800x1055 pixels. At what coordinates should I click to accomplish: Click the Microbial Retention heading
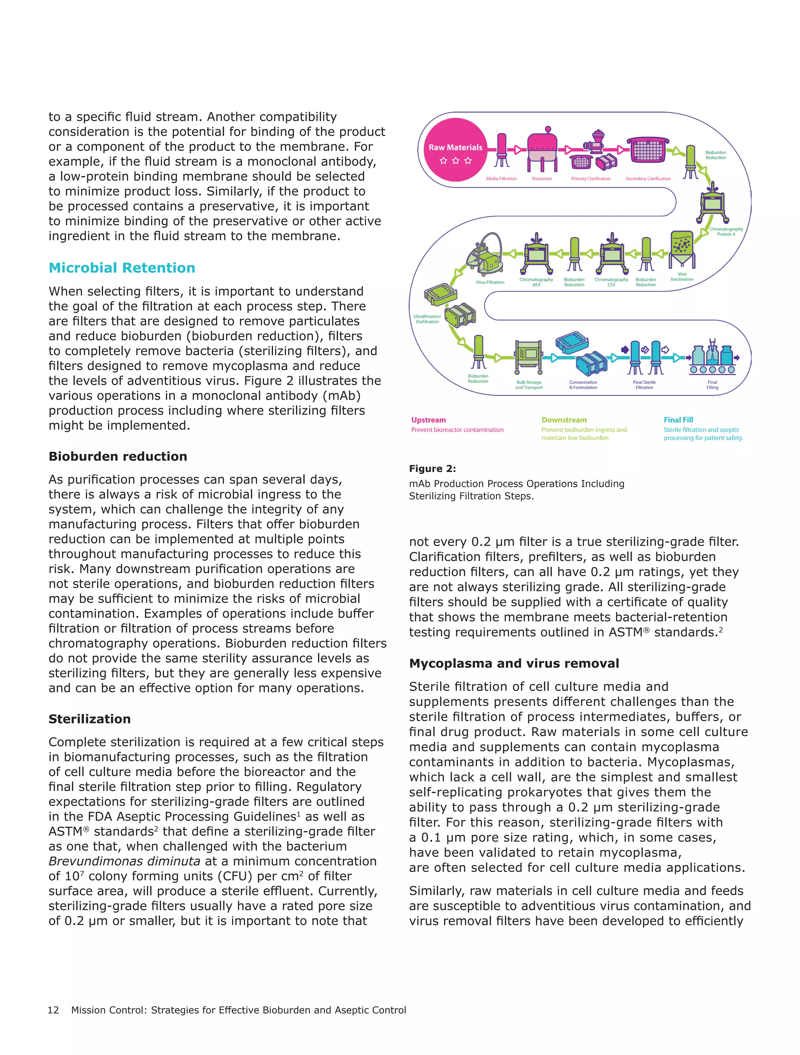122,268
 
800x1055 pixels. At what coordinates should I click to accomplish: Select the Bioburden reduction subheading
118,456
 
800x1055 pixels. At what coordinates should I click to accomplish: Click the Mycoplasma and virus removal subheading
514,663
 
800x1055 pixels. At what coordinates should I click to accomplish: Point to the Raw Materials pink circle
455,150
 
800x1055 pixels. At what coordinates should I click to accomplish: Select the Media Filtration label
501,179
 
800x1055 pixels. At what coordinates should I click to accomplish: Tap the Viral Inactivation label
682,277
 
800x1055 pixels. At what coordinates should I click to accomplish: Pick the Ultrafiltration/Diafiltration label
427,318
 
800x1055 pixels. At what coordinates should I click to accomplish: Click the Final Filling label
712,384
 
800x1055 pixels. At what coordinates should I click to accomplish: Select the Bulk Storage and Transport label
529,384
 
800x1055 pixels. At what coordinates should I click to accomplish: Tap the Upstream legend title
429,420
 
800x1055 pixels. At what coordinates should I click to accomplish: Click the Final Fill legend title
678,420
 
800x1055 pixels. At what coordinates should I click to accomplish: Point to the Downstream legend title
564,420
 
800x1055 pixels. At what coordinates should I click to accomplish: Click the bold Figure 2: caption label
432,468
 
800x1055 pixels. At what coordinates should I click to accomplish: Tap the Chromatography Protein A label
726,231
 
